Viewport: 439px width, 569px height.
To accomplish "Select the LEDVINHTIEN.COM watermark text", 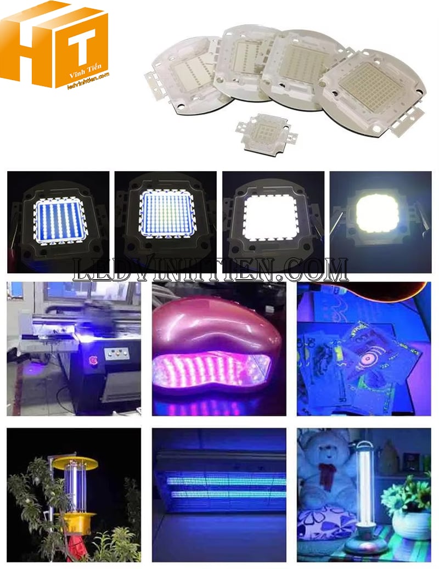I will (x=211, y=271).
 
